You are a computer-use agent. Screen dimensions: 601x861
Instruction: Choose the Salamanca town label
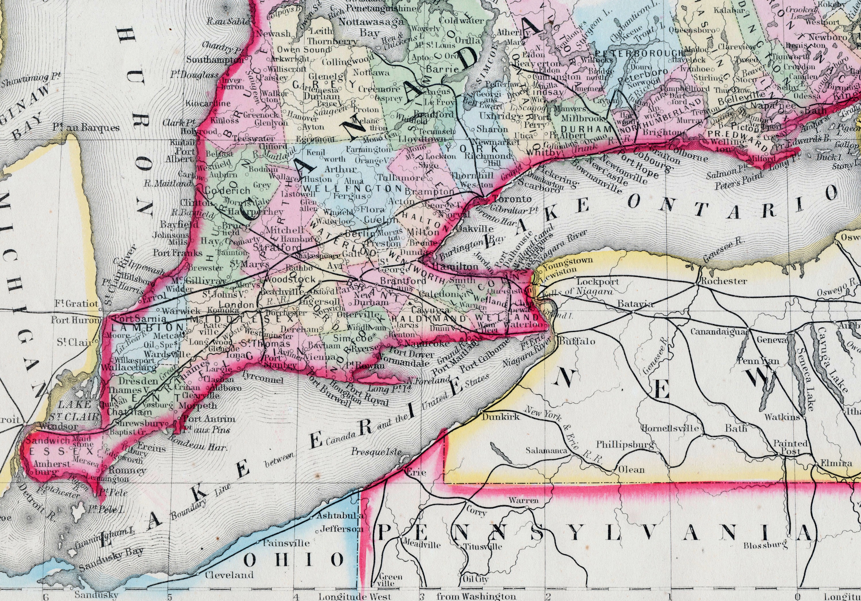(546, 450)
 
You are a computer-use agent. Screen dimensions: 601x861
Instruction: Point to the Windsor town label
(58, 426)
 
